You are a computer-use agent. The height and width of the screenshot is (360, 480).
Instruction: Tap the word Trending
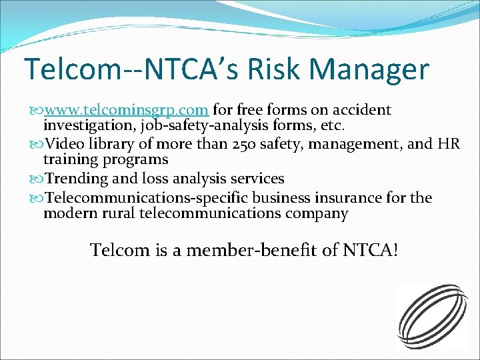pos(76,179)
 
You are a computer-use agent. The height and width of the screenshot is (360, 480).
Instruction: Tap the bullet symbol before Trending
pos(37,179)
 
